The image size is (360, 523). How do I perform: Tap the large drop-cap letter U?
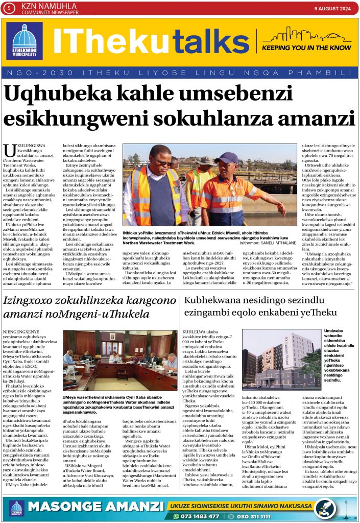click(x=9, y=151)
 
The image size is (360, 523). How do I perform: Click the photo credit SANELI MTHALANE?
click(x=267, y=244)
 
